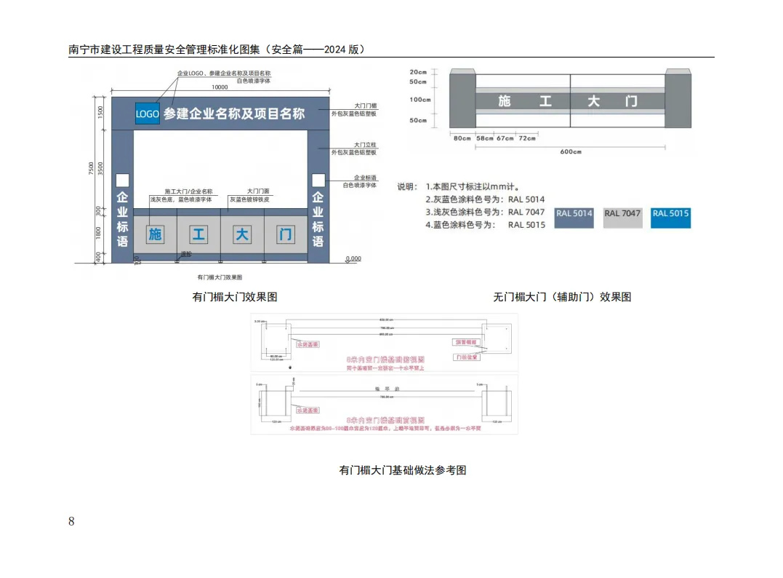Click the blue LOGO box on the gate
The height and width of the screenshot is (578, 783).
pos(148,114)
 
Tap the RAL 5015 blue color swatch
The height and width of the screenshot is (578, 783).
pos(670,218)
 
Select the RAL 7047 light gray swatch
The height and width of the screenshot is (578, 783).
pos(622,218)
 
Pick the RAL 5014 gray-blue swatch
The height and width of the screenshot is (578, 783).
pos(574,218)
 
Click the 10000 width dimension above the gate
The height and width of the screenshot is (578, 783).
pos(220,87)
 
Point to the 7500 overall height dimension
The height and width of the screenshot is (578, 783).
pos(91,168)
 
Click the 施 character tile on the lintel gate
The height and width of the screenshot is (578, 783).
pos(155,234)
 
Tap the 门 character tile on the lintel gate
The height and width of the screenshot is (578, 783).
pos(286,234)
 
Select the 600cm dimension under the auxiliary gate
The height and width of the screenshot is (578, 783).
pos(571,151)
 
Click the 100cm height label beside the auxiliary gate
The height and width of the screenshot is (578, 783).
pos(419,100)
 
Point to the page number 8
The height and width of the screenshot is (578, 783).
pos(71,520)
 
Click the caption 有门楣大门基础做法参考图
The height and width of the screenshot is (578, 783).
pos(403,470)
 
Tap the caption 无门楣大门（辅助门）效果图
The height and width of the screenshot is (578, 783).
pos(562,297)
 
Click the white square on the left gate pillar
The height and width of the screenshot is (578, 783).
pos(122,180)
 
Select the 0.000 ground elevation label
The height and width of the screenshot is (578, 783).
pos(353,258)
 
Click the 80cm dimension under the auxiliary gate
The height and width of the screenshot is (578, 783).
pos(462,138)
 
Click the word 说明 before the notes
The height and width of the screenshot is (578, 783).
pos(406,186)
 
